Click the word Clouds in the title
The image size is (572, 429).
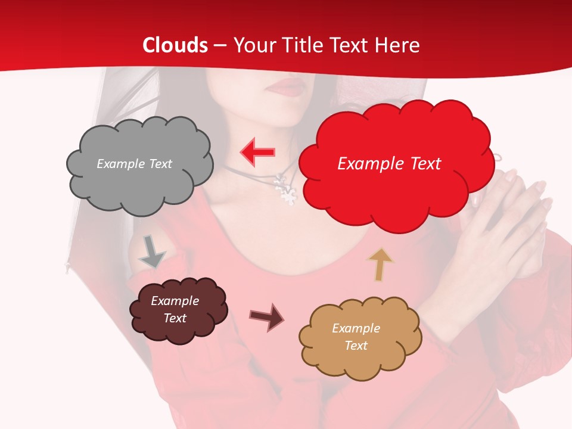(175, 45)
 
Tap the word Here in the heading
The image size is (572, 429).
(399, 45)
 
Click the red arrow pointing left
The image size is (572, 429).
(257, 152)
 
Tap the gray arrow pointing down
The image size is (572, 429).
(152, 252)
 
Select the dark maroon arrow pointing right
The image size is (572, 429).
(266, 317)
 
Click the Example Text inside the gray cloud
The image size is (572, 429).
(134, 164)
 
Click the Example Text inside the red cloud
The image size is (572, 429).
(389, 164)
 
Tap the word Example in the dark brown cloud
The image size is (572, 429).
(175, 301)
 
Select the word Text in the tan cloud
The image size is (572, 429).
(356, 346)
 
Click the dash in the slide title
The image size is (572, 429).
(219, 45)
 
